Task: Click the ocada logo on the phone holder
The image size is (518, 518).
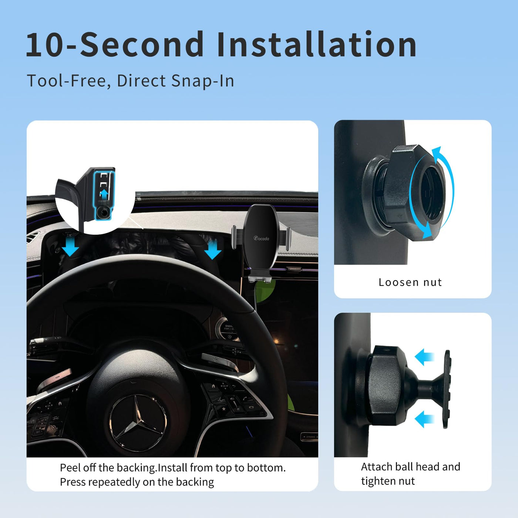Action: pyautogui.click(x=261, y=238)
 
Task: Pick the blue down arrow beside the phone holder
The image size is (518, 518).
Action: pyautogui.click(x=213, y=249)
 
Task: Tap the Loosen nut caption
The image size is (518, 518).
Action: pyautogui.click(x=410, y=282)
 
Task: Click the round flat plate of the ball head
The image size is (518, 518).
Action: pyautogui.click(x=447, y=389)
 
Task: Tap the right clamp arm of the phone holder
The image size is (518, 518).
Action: pyautogui.click(x=288, y=238)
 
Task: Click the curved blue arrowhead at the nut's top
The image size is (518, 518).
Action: pyautogui.click(x=437, y=152)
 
